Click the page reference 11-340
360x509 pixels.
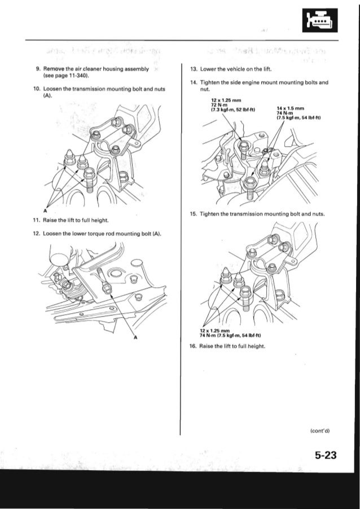point(74,74)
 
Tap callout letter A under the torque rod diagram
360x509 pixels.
point(135,338)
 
